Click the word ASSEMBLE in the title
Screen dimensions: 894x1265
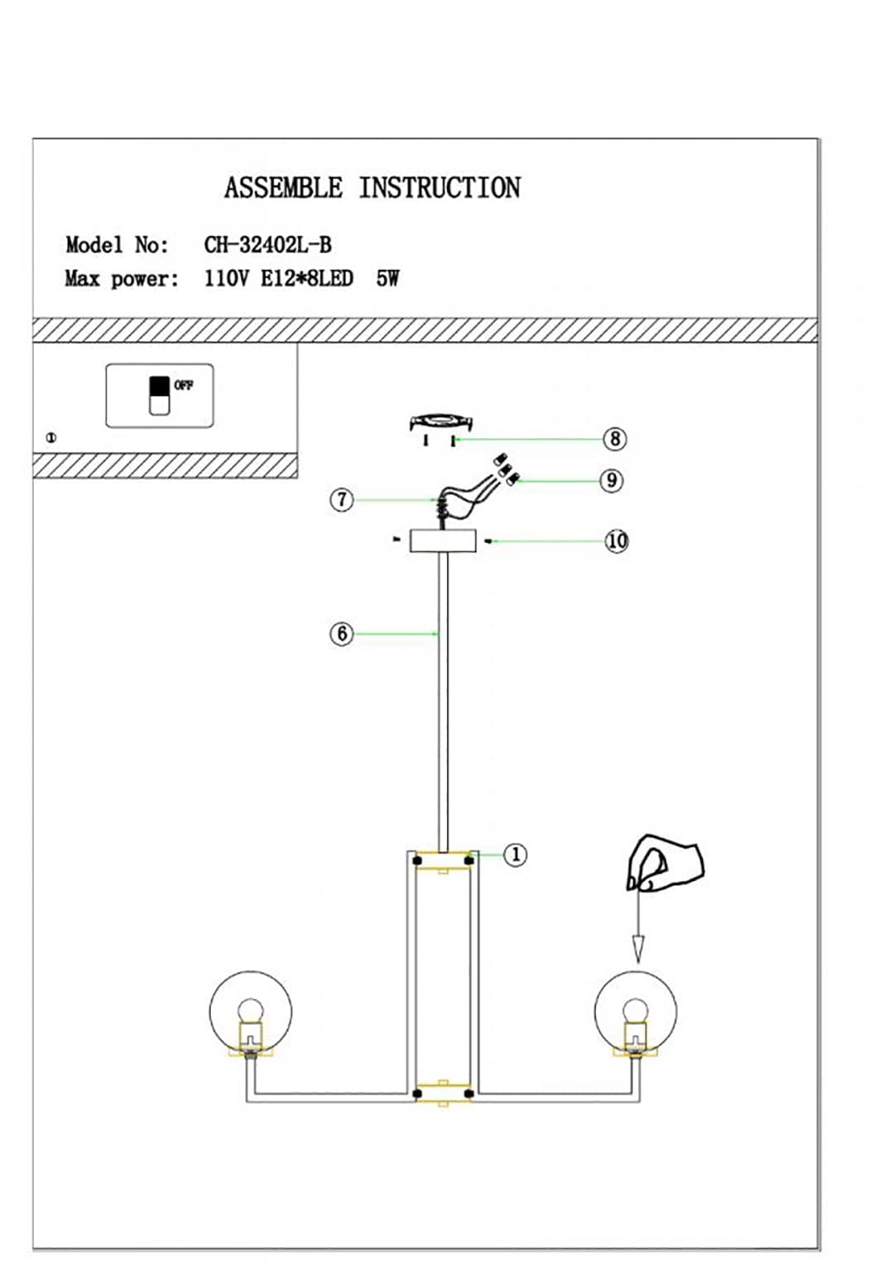tap(283, 188)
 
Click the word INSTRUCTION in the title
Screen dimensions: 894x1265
tap(440, 188)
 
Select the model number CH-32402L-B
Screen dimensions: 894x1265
tap(267, 245)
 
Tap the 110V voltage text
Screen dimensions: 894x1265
tap(226, 279)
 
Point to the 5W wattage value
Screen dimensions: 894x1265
tap(388, 279)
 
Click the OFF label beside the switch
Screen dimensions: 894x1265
tap(184, 386)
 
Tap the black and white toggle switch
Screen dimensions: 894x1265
tap(159, 396)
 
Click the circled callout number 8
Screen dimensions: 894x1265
tap(615, 439)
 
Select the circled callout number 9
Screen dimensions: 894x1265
tap(612, 481)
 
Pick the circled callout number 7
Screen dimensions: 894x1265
tap(342, 500)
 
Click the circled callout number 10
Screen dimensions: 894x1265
tap(617, 541)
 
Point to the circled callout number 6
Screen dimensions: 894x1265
tap(342, 633)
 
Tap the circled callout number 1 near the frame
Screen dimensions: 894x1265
tap(515, 855)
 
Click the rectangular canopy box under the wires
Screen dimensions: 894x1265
tap(443, 541)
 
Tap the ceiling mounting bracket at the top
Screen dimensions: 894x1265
tap(441, 422)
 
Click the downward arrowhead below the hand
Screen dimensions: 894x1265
tap(638, 950)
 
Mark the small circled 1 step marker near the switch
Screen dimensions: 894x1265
tap(51, 438)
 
